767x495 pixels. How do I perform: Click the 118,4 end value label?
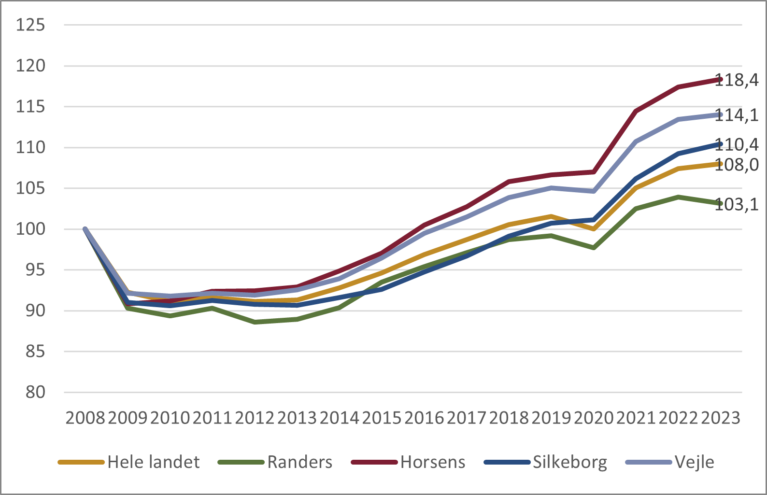(737, 80)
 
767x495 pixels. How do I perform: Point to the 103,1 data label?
(737, 204)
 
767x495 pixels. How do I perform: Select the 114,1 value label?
(737, 115)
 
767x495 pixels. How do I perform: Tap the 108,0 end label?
(737, 165)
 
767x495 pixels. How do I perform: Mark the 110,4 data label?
(737, 144)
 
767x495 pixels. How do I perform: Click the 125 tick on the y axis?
(30, 25)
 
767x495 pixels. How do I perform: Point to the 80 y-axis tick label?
(35, 392)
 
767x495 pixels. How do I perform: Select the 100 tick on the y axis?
(30, 229)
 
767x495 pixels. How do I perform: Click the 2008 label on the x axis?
(85, 418)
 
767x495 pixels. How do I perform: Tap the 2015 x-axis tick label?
(382, 418)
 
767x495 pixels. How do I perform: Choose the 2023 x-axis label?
(721, 418)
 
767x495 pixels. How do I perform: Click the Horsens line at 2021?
(636, 111)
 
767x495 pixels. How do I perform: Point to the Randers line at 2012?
(255, 322)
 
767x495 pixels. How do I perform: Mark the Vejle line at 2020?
(594, 191)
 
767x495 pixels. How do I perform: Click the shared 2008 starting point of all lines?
(85, 229)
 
